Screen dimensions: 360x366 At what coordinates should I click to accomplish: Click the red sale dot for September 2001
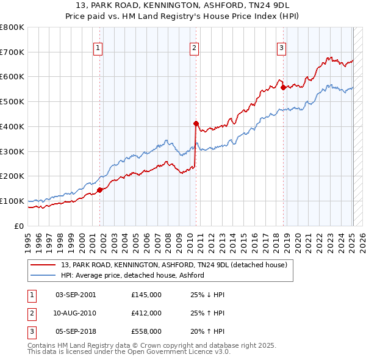(x=100, y=189)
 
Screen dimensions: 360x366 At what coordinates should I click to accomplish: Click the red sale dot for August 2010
(x=196, y=123)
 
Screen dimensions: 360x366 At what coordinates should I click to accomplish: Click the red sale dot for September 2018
(x=283, y=87)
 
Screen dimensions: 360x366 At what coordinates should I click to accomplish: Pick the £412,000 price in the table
(x=146, y=313)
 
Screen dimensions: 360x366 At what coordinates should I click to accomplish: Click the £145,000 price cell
(x=146, y=295)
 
